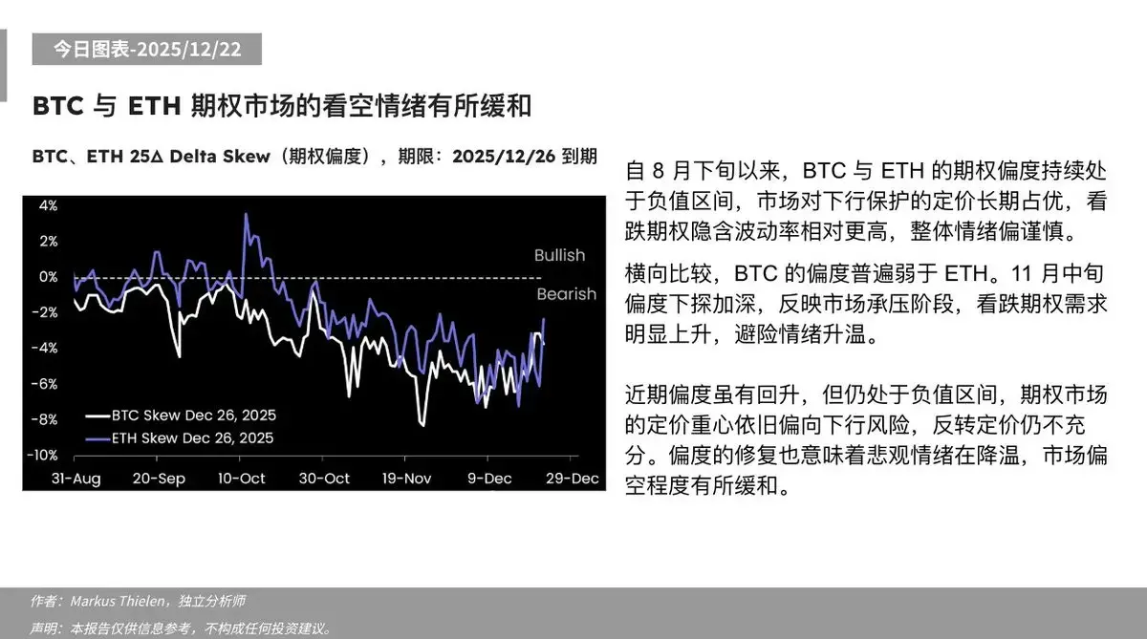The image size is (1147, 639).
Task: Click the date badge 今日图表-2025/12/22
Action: [x=146, y=50]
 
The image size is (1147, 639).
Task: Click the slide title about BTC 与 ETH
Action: [x=282, y=105]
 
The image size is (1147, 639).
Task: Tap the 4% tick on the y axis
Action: [x=48, y=205]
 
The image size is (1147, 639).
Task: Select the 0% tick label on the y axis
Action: [x=48, y=277]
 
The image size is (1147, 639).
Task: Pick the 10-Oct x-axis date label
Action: [x=242, y=478]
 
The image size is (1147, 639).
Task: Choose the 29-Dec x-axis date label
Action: [x=572, y=478]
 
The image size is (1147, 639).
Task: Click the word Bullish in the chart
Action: [x=559, y=255]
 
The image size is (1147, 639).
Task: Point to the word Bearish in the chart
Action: [x=566, y=294]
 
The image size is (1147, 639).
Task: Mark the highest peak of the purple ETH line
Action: [x=247, y=214]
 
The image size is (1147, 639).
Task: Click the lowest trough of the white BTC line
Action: [x=422, y=425]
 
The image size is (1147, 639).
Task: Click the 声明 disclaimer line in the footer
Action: [x=182, y=628]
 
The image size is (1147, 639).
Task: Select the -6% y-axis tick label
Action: [x=46, y=383]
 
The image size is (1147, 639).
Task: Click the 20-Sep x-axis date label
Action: [x=160, y=478]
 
